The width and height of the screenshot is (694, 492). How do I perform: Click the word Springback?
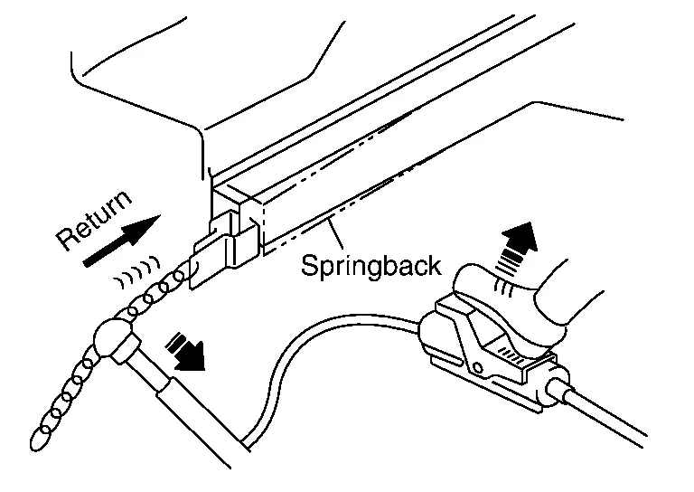click(370, 265)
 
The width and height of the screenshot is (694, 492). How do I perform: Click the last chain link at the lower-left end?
click(40, 440)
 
